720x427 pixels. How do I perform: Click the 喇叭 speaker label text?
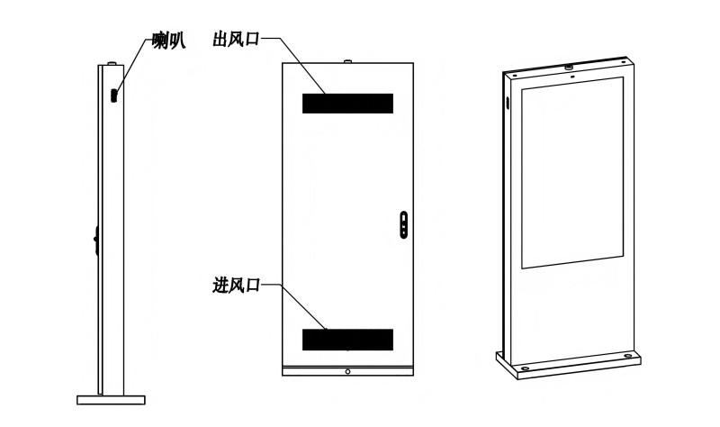168,41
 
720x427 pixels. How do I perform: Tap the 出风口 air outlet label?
236,39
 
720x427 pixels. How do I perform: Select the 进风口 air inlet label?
236,286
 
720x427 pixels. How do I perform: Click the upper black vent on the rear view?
347,104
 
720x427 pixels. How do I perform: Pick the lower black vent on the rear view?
347,340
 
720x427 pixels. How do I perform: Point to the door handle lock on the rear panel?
403,225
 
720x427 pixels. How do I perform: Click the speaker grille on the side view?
114,95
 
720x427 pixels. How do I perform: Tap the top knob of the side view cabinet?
112,63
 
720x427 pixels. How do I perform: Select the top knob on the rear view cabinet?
347,60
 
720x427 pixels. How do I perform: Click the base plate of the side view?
111,400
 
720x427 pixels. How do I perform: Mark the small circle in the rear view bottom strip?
347,371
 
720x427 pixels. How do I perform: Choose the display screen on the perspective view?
572,173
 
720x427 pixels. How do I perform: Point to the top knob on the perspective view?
569,67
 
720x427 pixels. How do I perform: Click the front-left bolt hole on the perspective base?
526,368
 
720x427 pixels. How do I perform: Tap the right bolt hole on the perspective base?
627,356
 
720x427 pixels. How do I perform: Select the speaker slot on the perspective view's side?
508,103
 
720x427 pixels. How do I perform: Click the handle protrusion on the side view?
96,240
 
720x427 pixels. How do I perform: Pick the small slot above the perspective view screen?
572,77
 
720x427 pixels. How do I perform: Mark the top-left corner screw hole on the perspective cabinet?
515,76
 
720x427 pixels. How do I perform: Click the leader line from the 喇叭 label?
133,66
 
